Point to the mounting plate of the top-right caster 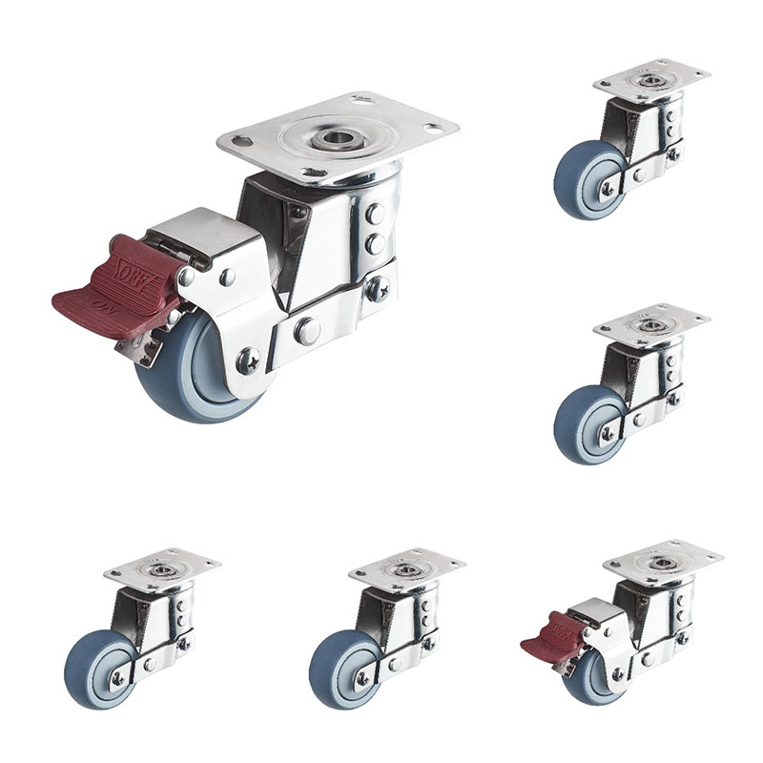651,80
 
